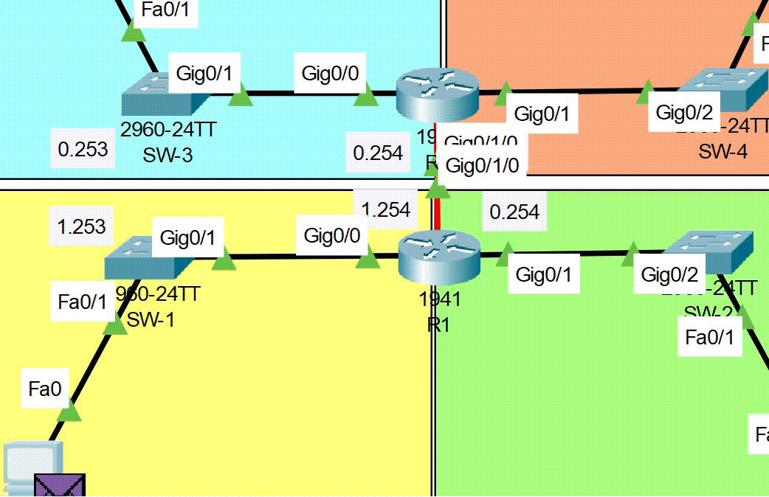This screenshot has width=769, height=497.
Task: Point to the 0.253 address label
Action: point(83,150)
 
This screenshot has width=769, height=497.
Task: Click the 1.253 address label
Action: point(81,226)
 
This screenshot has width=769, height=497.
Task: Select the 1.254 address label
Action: point(386,210)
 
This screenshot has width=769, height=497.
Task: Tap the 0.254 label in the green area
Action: point(514,212)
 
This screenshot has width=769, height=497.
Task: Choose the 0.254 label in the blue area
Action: point(378,153)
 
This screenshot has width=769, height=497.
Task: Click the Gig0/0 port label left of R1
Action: point(332,236)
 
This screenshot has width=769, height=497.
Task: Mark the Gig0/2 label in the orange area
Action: point(684,113)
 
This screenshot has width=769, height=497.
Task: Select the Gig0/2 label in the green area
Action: point(669,275)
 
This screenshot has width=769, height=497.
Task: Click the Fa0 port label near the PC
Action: point(45,389)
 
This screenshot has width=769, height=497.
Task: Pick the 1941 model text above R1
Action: point(439,299)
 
